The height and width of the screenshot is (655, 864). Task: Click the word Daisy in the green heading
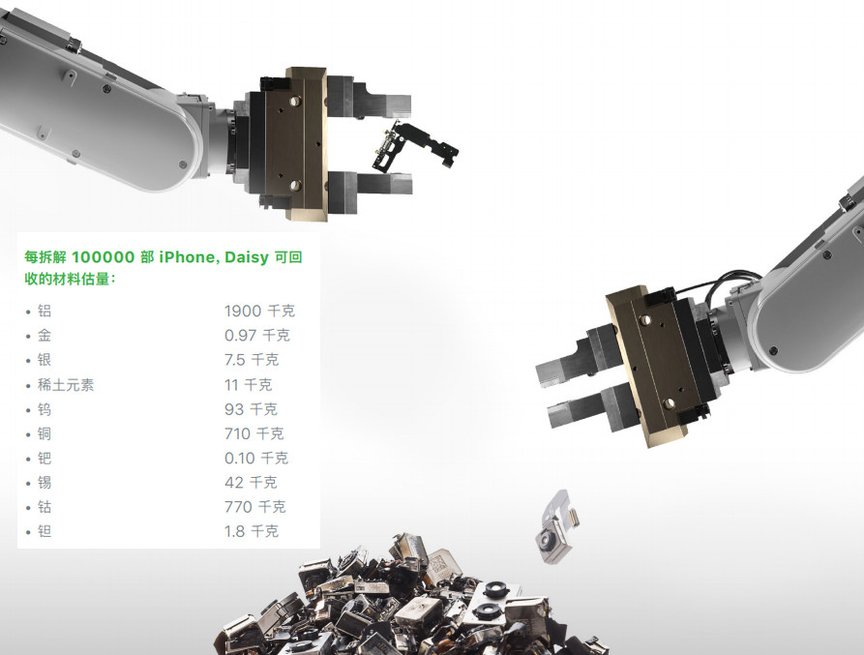247,257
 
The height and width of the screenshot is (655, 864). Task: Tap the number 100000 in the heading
103,256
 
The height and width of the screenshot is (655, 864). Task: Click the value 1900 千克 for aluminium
259,311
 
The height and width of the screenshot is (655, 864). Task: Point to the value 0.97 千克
256,335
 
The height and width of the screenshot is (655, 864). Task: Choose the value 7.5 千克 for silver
252,360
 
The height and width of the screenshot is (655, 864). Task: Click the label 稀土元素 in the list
66,384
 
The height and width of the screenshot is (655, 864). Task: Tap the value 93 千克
251,408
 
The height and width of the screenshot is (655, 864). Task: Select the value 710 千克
254,433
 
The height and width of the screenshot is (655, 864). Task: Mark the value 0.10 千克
256,458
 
